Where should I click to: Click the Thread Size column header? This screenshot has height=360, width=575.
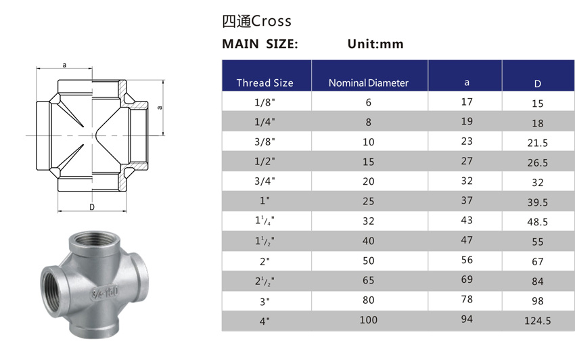(x=264, y=83)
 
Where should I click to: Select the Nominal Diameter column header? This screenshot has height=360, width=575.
(x=369, y=83)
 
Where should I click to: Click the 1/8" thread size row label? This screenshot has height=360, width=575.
(x=264, y=102)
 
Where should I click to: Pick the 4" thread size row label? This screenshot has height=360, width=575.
(x=264, y=320)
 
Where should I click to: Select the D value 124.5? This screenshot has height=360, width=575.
(x=538, y=321)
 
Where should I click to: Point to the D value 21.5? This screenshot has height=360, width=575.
(x=538, y=143)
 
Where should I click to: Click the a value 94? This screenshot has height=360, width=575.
(x=467, y=319)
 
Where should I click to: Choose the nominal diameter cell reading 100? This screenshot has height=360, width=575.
(x=369, y=319)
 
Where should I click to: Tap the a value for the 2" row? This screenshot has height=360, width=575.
(x=467, y=261)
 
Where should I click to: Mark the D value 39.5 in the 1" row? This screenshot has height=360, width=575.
(x=538, y=202)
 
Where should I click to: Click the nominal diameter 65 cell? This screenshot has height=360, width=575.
(x=369, y=280)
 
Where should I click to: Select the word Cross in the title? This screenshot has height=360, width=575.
(x=271, y=21)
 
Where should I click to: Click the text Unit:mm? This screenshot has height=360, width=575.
(x=375, y=44)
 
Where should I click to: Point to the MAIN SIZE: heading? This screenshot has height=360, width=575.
(x=260, y=44)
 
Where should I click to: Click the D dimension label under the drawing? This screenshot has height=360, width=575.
(x=91, y=206)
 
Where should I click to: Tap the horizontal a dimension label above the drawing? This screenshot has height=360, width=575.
(x=64, y=65)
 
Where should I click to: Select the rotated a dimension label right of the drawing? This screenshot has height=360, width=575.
(x=160, y=107)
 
